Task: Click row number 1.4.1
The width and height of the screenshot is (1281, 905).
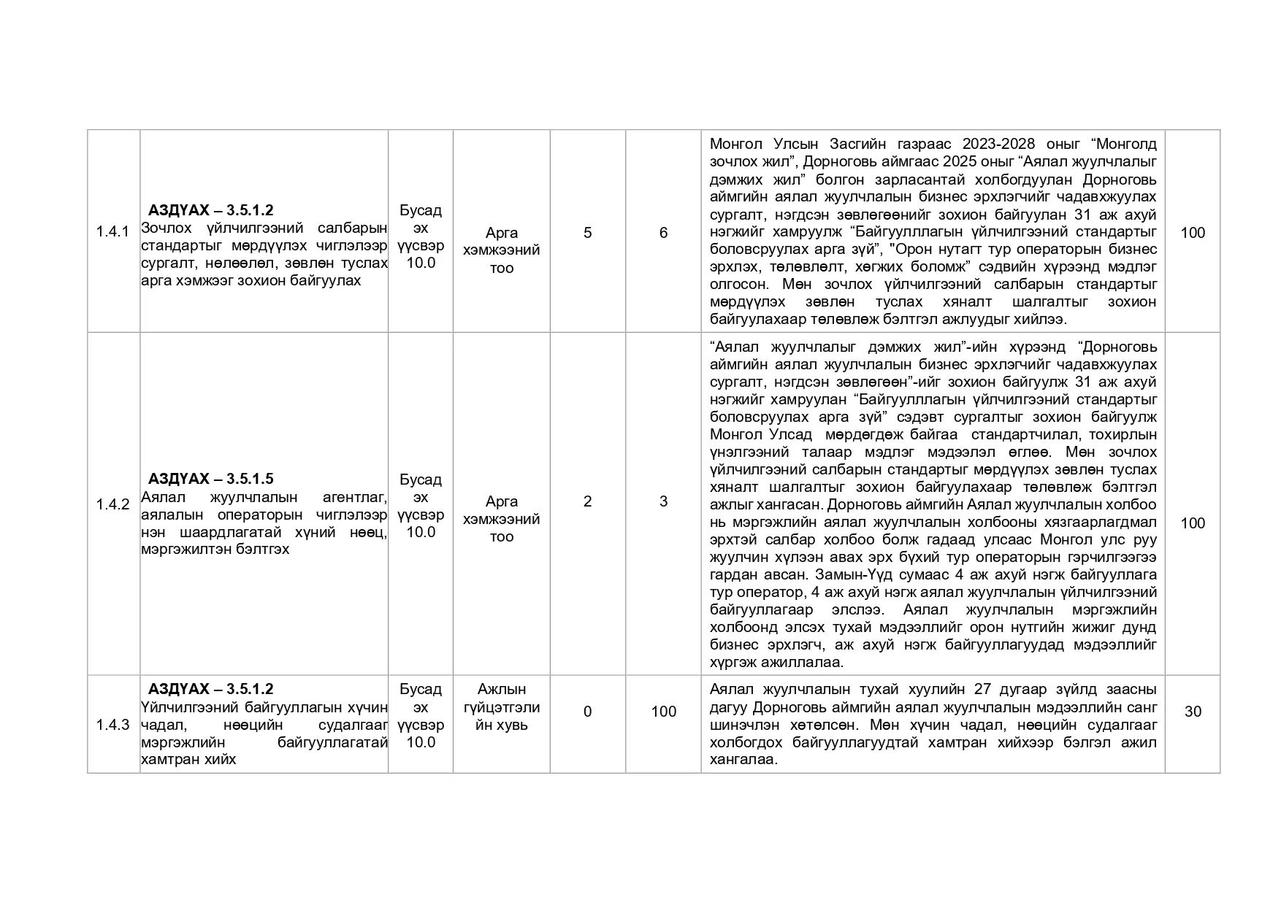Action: [x=112, y=232]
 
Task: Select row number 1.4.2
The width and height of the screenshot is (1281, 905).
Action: [x=112, y=504]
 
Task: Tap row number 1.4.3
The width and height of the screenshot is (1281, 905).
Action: [x=112, y=725]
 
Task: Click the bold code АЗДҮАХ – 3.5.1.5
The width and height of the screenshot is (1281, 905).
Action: [x=210, y=479]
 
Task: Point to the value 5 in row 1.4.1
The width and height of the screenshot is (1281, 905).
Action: [x=587, y=232]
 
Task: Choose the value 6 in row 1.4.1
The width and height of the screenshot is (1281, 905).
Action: [x=663, y=232]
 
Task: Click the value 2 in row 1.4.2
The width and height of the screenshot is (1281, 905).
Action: [x=587, y=501]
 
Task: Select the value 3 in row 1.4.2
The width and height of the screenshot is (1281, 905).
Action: [x=663, y=501]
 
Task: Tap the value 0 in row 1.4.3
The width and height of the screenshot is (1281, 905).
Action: [x=587, y=711]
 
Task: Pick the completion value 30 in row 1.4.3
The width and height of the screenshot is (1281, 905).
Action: [x=1193, y=711]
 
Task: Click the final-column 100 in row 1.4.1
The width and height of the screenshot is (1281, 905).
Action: [x=1193, y=232]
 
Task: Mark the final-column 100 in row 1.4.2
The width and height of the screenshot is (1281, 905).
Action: [x=1193, y=523]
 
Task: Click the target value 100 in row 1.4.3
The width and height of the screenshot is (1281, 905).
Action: [x=663, y=711]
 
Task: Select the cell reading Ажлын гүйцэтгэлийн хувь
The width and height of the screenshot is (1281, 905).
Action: [x=502, y=707]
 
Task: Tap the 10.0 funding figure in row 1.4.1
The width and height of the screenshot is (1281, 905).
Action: [x=421, y=263]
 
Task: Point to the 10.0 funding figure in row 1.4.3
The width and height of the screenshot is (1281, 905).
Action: [x=421, y=742]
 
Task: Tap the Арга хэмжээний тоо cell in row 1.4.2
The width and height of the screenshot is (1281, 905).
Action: [x=502, y=519]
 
